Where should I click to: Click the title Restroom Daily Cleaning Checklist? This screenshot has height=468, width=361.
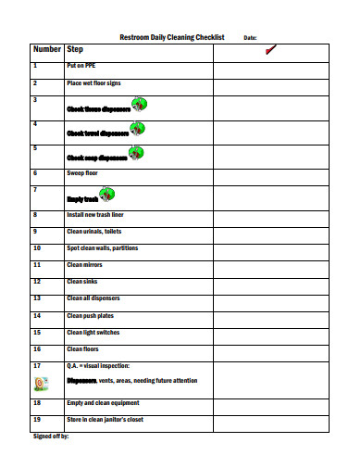click(172, 37)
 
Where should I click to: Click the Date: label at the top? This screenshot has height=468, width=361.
click(250, 38)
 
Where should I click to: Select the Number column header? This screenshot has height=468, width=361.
click(46, 49)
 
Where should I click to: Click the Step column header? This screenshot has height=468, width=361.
click(75, 49)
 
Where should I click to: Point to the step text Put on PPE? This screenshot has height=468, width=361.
click(79, 67)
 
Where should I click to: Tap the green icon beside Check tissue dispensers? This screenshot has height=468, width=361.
click(138, 104)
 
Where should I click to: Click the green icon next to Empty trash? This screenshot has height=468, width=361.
click(107, 195)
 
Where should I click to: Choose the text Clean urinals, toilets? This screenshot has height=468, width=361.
click(93, 232)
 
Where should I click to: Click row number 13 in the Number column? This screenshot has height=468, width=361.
click(37, 298)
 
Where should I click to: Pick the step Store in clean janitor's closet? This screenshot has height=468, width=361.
click(103, 420)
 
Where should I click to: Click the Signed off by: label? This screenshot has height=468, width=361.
click(51, 436)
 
